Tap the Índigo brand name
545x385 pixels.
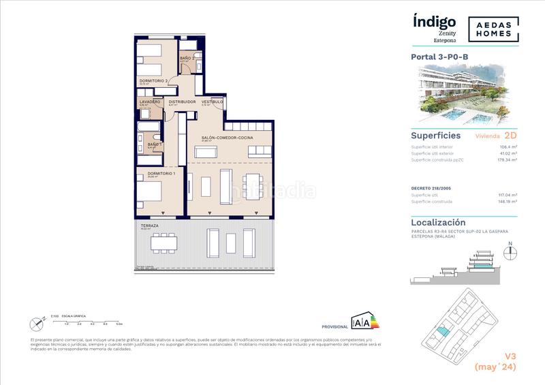pos(434,20)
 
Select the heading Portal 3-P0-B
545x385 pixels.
pos(440,57)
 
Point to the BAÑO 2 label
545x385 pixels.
pos(188,59)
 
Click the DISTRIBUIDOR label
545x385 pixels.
pos(183,102)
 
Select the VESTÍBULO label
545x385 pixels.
pos(212,102)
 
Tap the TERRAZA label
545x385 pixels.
pos(150,226)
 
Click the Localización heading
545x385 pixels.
pos(438,222)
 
